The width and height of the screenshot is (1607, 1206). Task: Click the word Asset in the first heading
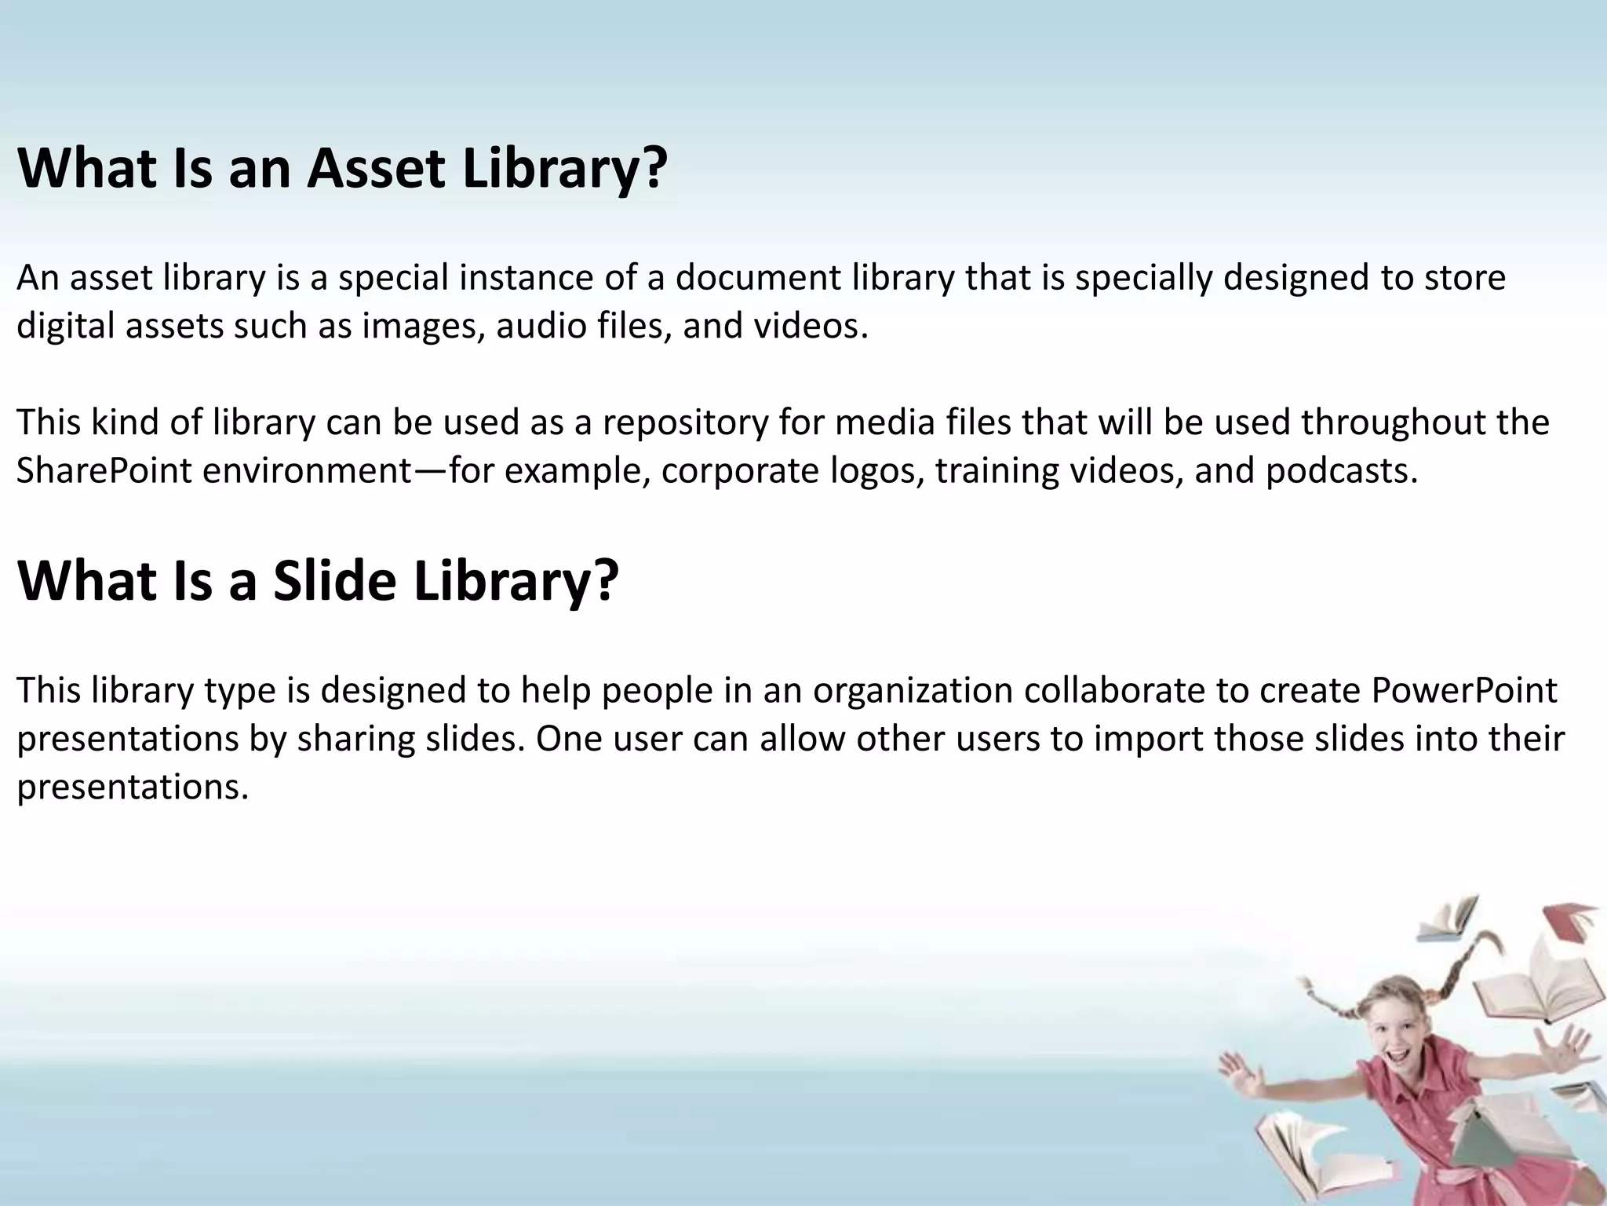tap(377, 168)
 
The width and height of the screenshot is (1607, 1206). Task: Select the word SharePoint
tap(104, 471)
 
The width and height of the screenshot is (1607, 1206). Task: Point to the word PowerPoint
tap(1464, 691)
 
